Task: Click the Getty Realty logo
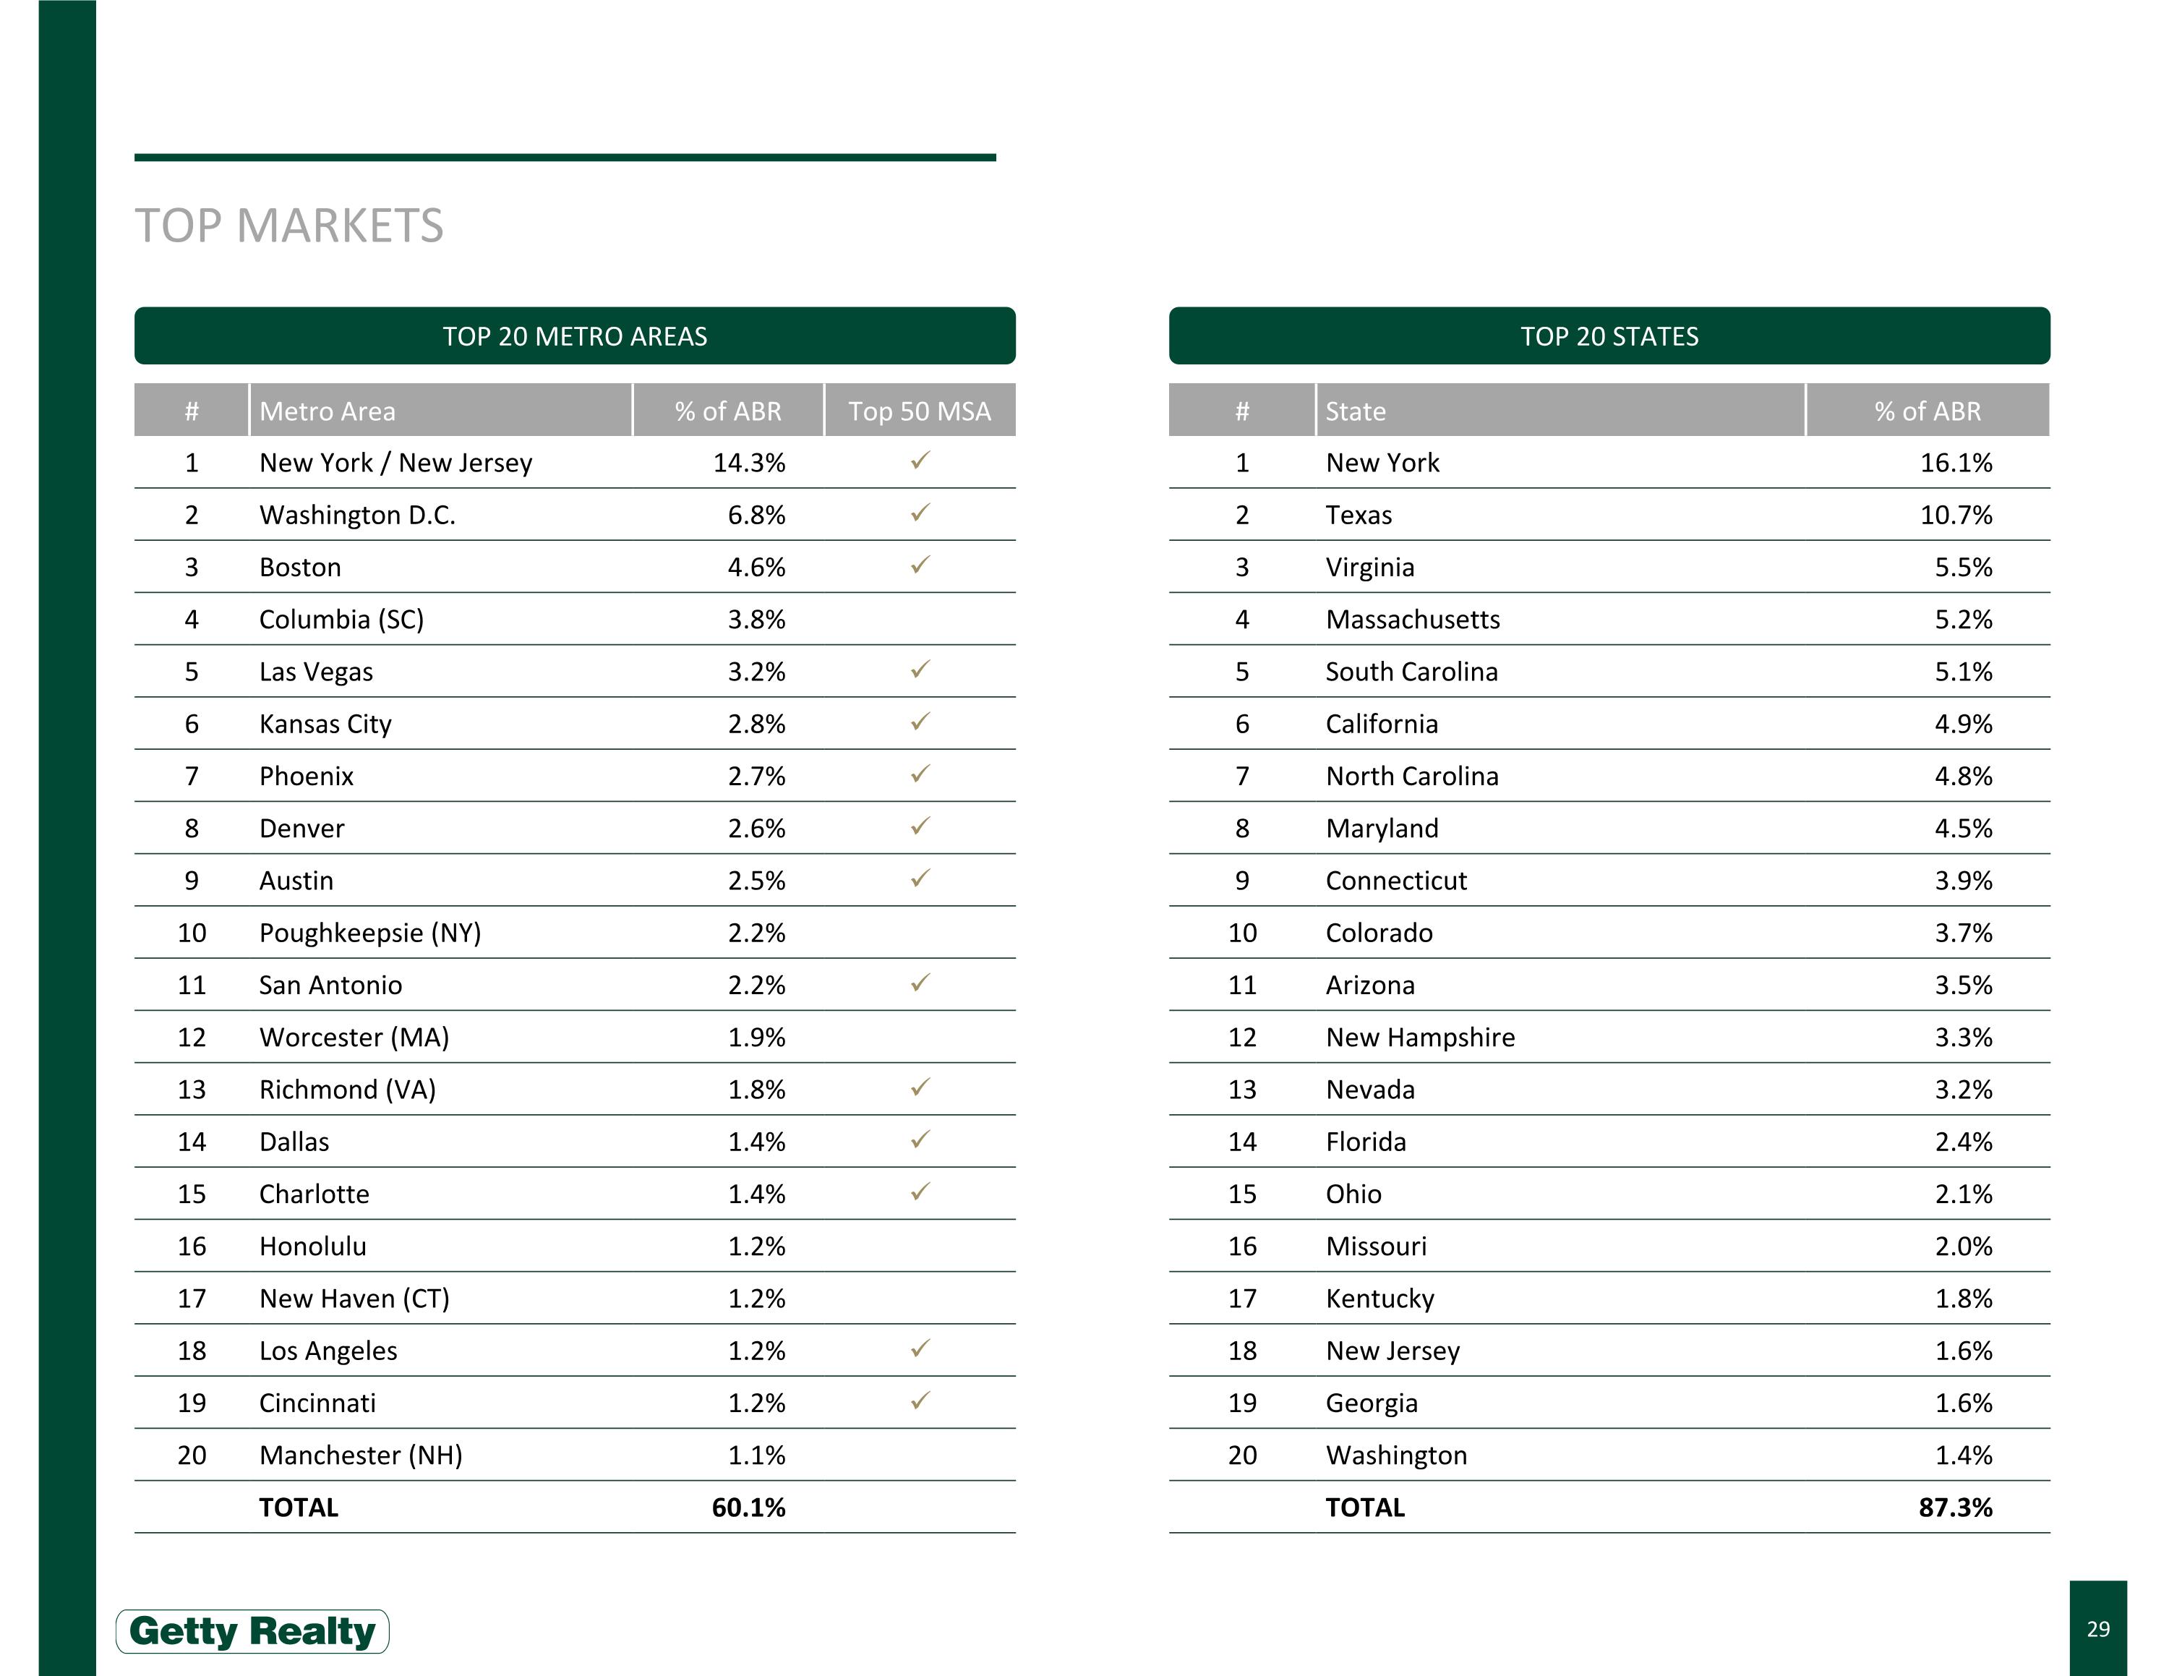point(252,1630)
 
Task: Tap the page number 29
point(2097,1628)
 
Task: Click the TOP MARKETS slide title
point(289,226)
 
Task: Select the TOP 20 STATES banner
point(1608,337)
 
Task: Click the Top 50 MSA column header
point(919,411)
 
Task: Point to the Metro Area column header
point(328,411)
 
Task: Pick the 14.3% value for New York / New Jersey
point(749,463)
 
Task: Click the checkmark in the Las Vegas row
point(920,670)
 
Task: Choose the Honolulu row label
point(313,1246)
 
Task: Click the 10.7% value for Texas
point(1956,514)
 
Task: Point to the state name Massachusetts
point(1412,620)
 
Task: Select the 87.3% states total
point(1954,1508)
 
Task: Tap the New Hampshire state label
point(1420,1038)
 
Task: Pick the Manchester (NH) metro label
point(361,1455)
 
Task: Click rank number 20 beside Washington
point(1241,1455)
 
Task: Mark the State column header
point(1356,411)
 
